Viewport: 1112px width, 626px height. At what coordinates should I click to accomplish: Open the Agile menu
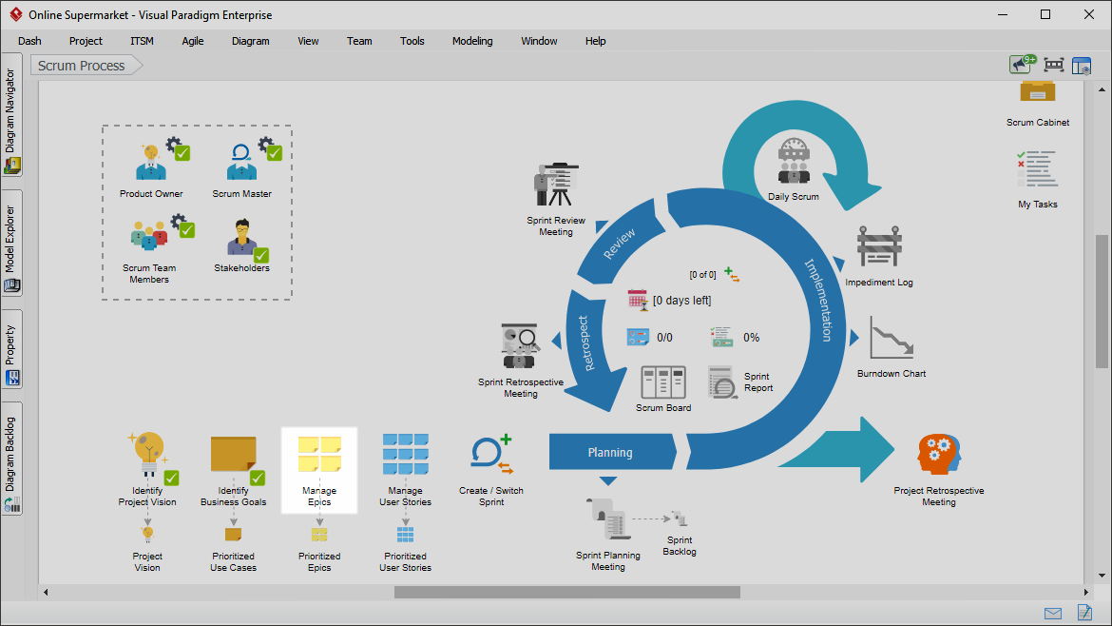[x=192, y=41]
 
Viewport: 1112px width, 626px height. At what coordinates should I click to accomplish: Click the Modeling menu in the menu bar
[x=472, y=41]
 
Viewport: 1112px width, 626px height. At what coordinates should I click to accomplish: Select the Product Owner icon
[x=151, y=162]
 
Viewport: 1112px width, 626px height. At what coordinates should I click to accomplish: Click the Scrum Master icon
[x=241, y=162]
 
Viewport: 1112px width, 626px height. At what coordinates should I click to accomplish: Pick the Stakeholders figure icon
[x=242, y=237]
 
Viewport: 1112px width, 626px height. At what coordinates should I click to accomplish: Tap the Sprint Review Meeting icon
[x=556, y=185]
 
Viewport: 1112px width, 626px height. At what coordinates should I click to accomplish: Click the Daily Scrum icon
[x=794, y=161]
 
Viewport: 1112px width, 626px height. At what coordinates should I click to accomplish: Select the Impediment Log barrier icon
[x=879, y=247]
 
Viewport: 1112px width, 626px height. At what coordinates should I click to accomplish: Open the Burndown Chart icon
[x=892, y=338]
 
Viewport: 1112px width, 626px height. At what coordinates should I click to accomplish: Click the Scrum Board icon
[x=663, y=382]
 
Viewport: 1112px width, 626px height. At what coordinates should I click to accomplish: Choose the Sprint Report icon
[x=722, y=382]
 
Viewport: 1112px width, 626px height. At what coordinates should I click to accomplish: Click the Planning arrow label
[x=610, y=453]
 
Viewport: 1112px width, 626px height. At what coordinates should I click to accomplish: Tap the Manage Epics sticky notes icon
[x=319, y=454]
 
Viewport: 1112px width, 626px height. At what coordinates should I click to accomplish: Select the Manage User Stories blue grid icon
[x=406, y=454]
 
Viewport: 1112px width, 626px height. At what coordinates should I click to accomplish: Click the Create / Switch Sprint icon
[x=491, y=454]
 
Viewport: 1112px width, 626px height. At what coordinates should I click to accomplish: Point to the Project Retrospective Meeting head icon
[x=939, y=454]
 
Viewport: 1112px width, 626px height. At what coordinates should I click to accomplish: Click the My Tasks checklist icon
[x=1038, y=169]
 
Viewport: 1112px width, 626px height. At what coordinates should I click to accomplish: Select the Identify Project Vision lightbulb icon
[x=147, y=454]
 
